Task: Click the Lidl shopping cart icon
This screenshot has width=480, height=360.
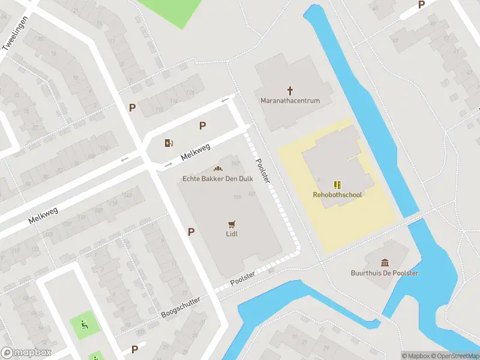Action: pyautogui.click(x=232, y=223)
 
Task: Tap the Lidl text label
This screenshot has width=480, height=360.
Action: pyautogui.click(x=232, y=234)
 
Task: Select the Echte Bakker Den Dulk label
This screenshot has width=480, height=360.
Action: pyautogui.click(x=218, y=179)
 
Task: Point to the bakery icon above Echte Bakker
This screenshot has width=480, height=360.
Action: pyautogui.click(x=218, y=169)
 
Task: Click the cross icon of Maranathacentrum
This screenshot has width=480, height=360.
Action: pyautogui.click(x=290, y=91)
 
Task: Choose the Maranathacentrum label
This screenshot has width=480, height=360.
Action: pyautogui.click(x=290, y=101)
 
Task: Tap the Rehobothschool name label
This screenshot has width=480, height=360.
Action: pyautogui.click(x=337, y=194)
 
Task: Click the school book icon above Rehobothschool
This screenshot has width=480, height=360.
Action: pyautogui.click(x=337, y=184)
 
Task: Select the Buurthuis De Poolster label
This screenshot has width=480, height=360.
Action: pyautogui.click(x=385, y=273)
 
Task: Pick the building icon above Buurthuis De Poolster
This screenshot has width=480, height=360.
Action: pyautogui.click(x=385, y=262)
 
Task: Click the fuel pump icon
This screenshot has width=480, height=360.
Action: pyautogui.click(x=169, y=143)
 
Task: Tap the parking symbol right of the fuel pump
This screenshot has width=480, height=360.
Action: pyautogui.click(x=203, y=126)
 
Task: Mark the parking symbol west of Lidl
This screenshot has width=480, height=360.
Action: pyautogui.click(x=191, y=232)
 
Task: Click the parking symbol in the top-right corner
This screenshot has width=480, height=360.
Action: pyautogui.click(x=421, y=5)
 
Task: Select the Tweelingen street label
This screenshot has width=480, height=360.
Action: pyautogui.click(x=16, y=37)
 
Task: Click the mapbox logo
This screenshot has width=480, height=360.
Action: pyautogui.click(x=26, y=353)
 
